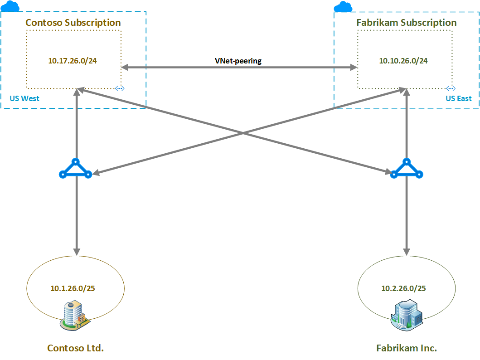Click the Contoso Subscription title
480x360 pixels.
click(x=73, y=23)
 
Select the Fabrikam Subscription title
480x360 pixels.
click(x=407, y=23)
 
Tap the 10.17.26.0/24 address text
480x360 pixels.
click(x=73, y=61)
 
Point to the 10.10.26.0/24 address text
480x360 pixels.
click(x=403, y=61)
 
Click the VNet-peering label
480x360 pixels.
click(x=238, y=61)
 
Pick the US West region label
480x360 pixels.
click(x=24, y=98)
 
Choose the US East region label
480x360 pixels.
click(x=458, y=98)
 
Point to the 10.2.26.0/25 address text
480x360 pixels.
click(x=403, y=288)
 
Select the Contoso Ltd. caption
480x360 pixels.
click(x=76, y=348)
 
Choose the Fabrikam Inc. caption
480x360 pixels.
click(x=407, y=348)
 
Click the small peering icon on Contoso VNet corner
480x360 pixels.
click(x=120, y=88)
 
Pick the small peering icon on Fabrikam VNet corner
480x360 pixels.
click(x=450, y=88)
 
